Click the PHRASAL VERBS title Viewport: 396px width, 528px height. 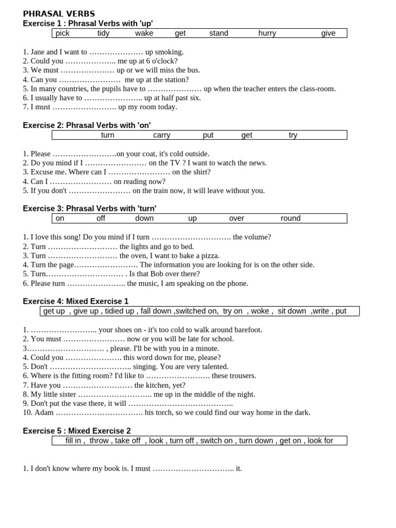59,14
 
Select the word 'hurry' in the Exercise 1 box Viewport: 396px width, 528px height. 267,34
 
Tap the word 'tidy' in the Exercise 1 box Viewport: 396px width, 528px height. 104,34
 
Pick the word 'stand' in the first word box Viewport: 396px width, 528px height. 219,34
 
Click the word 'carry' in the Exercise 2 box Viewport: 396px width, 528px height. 161,135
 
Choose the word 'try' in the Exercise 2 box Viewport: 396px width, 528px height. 293,135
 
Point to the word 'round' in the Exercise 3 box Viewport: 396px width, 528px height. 290,218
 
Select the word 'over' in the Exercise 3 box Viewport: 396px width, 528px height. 237,218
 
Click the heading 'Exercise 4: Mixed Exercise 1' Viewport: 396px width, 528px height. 76,301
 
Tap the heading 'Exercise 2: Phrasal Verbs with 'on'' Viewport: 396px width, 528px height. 87,125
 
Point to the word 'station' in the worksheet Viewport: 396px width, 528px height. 175,80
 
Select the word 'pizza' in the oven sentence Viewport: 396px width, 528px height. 209,256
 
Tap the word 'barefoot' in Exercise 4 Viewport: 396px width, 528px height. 246,330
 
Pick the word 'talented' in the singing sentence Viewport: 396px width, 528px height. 212,367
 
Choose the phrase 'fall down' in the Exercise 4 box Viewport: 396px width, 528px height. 156,311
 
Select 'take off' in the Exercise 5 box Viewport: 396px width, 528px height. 127,440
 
